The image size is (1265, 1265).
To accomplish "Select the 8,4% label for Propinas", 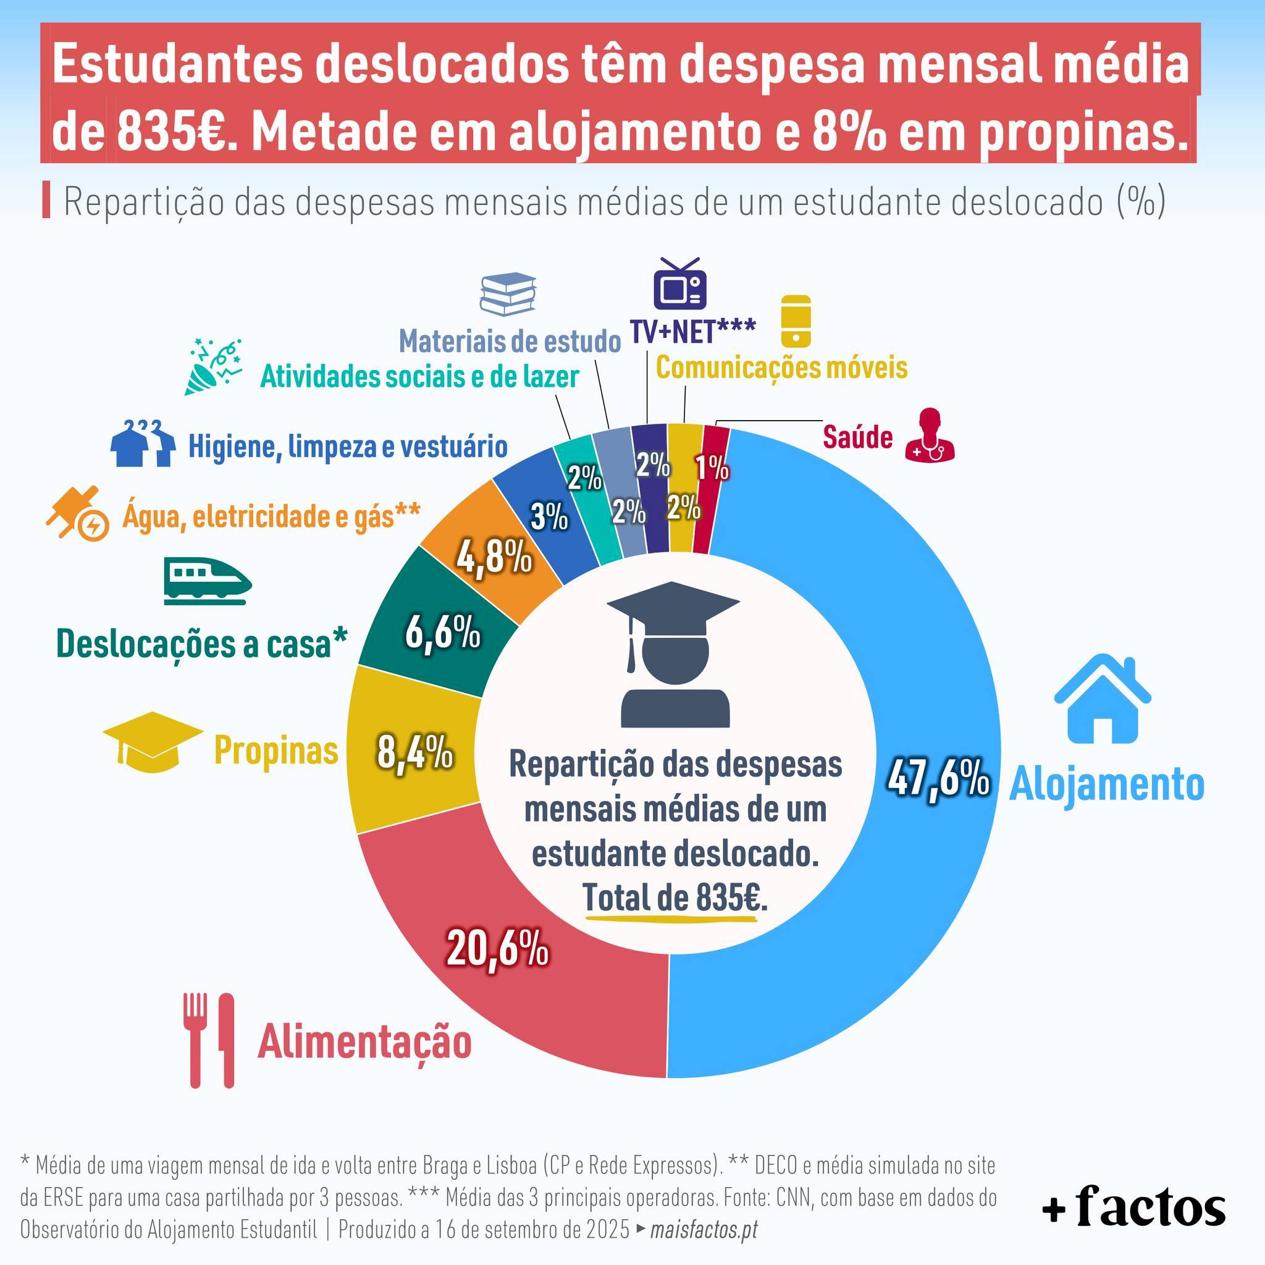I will pyautogui.click(x=415, y=752).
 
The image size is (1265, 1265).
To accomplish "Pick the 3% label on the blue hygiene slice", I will pyautogui.click(x=549, y=517).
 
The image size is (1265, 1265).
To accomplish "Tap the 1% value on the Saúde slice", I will pyautogui.click(x=712, y=469).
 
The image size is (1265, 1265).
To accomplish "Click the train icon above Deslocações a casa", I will pyautogui.click(x=207, y=581).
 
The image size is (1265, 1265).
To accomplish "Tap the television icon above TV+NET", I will pyautogui.click(x=679, y=284).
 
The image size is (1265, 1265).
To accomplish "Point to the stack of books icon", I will pyautogui.click(x=508, y=294).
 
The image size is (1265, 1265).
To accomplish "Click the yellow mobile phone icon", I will pyautogui.click(x=796, y=321).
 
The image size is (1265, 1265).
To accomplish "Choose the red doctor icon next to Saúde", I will pyautogui.click(x=930, y=435).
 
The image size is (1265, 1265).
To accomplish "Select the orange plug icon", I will pyautogui.click(x=77, y=512).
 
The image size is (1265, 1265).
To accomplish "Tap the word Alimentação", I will pyautogui.click(x=364, y=1042).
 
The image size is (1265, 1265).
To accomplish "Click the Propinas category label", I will pyautogui.click(x=276, y=750).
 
